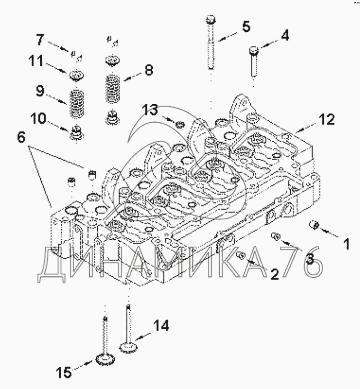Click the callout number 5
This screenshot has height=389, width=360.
coord(245,26)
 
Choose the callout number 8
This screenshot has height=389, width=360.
coord(148,70)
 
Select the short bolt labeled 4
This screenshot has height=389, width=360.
coord(254,62)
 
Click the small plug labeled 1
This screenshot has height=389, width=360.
coord(314,226)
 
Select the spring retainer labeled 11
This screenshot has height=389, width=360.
coord(76,75)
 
